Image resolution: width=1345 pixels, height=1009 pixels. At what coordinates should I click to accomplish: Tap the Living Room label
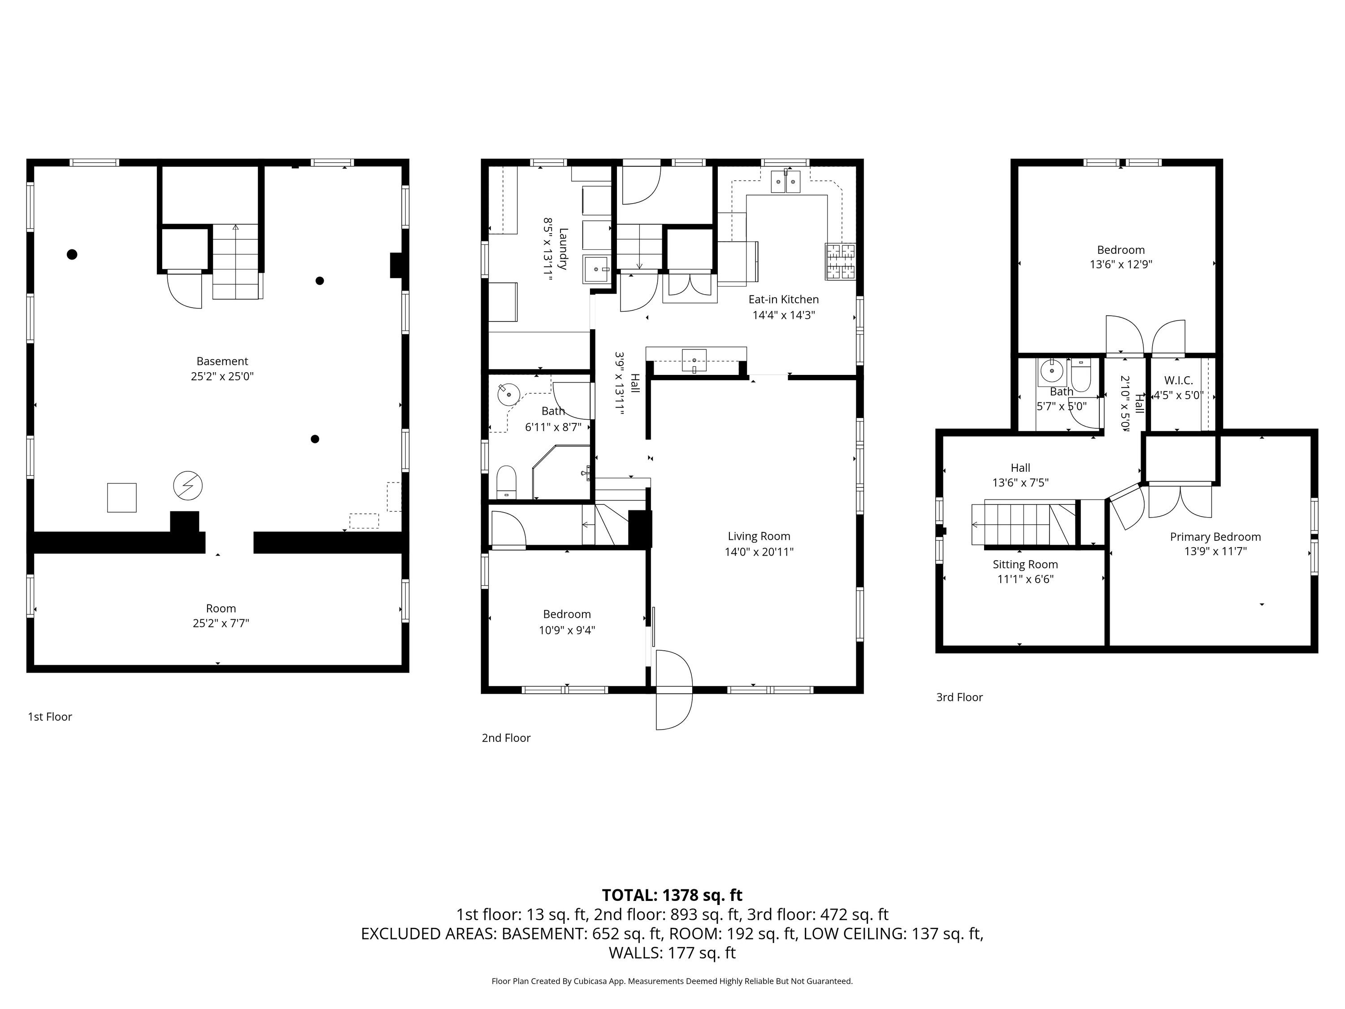(x=759, y=536)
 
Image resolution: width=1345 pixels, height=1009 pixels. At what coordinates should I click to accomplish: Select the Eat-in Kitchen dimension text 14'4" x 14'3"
(x=783, y=315)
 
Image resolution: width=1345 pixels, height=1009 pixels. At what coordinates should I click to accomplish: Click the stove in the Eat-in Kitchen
(x=840, y=261)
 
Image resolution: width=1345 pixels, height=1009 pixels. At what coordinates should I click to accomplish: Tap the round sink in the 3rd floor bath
(x=1051, y=370)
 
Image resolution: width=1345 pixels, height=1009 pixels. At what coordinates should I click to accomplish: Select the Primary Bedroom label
(x=1215, y=537)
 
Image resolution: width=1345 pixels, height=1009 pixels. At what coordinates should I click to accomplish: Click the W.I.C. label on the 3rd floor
(x=1178, y=381)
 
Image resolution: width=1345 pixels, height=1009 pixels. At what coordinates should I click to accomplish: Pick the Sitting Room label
(x=1025, y=565)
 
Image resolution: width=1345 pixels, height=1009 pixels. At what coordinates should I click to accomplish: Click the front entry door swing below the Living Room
(x=674, y=690)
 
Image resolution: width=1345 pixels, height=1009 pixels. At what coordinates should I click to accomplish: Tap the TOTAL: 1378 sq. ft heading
(x=672, y=895)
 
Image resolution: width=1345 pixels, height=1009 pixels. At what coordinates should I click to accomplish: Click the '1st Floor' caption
(x=50, y=717)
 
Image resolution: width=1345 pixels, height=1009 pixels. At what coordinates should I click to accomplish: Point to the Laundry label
(x=563, y=249)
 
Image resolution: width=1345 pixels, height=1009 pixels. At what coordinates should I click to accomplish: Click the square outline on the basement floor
(x=121, y=497)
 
